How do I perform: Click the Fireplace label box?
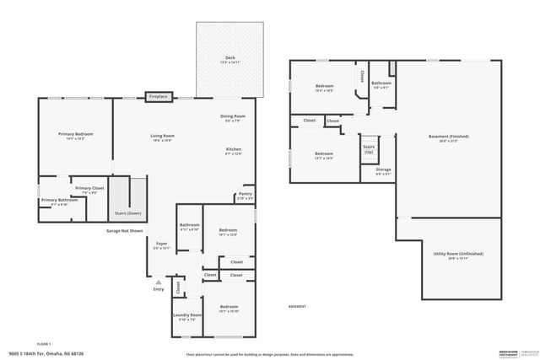coord(158,97)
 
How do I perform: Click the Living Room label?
coord(163,137)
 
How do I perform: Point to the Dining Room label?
coord(233,118)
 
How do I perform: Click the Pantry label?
coord(246,196)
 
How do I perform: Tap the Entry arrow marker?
coord(158,282)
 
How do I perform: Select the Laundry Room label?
coord(187,317)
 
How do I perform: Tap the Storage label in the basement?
coord(383,172)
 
